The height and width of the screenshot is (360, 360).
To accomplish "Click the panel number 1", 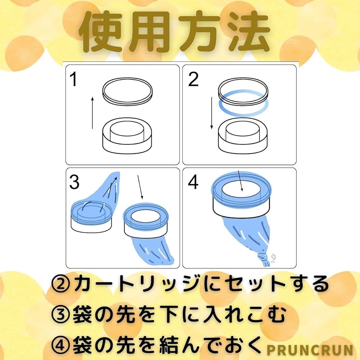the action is tap(74, 79).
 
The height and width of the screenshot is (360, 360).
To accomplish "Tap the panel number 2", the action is tap(193, 79).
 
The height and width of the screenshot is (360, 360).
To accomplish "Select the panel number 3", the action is tap(74, 182).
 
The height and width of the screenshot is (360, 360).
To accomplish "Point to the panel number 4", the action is tap(193, 182).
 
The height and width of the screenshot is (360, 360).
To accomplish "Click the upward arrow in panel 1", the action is tap(93, 113).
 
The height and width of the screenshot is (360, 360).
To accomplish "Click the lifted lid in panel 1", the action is tap(128, 92).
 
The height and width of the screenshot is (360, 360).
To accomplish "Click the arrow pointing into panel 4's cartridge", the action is tap(240, 181).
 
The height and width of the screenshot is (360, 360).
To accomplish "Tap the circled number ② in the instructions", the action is tap(61, 284).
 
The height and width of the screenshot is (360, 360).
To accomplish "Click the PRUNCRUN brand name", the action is tap(310, 350).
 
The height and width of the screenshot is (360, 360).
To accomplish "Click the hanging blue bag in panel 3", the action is tap(153, 251).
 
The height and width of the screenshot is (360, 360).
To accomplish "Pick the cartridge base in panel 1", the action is tap(127, 136).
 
